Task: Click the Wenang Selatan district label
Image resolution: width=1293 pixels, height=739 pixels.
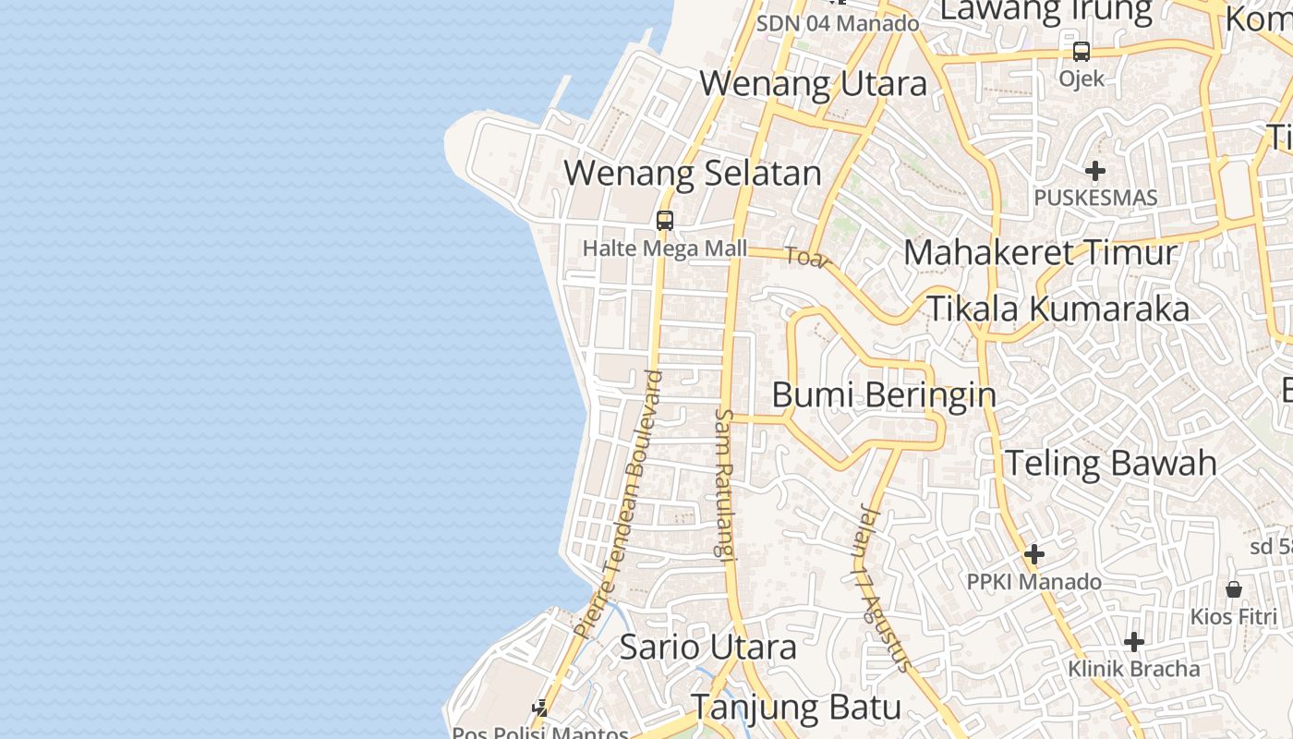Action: coord(692,174)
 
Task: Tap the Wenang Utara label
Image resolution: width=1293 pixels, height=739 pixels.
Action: coord(813,84)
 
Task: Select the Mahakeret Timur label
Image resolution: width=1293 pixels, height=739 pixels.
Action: coord(1040,252)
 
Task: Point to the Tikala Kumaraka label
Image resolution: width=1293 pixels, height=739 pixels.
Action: coord(1057,309)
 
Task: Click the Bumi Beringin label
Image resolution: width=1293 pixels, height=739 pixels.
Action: coord(884,395)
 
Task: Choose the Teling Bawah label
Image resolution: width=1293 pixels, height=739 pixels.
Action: coord(1110,463)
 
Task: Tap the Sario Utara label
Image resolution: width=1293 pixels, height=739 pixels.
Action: coord(707,647)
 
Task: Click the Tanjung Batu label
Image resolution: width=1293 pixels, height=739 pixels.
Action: coord(796,708)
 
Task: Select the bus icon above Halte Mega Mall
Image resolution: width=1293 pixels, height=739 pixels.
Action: coord(665,221)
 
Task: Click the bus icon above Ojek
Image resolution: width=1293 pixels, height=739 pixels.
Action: coord(1082,52)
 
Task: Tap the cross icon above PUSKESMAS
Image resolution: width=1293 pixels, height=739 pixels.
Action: coord(1095,171)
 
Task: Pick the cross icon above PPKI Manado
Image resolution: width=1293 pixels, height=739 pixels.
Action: coord(1034,554)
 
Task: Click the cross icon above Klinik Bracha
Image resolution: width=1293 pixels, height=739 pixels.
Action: coord(1134,642)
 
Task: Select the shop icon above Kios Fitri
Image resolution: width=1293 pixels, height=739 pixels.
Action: coord(1234,589)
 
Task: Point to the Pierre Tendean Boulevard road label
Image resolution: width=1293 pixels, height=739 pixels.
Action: coord(618,504)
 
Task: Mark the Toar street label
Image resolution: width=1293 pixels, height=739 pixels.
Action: coord(807,258)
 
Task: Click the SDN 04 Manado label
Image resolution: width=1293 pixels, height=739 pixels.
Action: coord(838,24)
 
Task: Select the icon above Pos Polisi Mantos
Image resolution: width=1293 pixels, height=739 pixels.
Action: coord(540,709)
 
